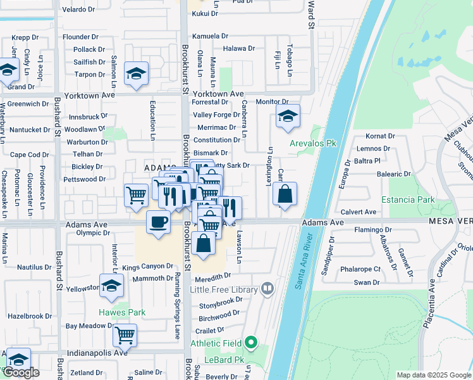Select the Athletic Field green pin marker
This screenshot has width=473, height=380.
[252, 343]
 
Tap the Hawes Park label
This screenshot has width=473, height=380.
[122, 312]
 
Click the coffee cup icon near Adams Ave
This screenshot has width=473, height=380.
[157, 222]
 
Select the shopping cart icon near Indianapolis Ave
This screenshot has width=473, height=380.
[125, 334]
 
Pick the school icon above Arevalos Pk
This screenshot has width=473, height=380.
[288, 116]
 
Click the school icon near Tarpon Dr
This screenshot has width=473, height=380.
[136, 73]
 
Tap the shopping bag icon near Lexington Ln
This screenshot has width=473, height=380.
[285, 194]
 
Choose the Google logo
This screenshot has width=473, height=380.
[21, 372]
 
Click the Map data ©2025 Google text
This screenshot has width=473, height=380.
[433, 375]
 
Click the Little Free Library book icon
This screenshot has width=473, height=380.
[268, 289]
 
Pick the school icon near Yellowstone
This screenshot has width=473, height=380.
[112, 285]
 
